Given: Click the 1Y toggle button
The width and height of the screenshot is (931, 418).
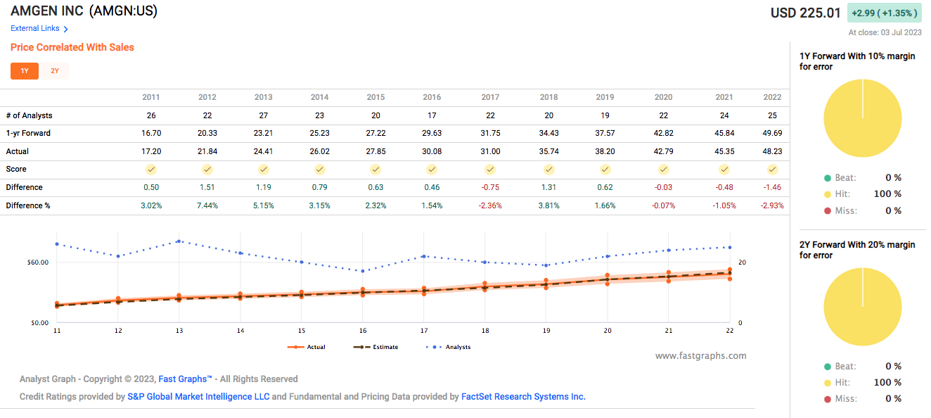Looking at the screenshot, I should pos(25,71).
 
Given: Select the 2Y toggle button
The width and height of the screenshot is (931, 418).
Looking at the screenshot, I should pos(55,71).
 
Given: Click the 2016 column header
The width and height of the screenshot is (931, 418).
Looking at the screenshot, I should pos(432,97).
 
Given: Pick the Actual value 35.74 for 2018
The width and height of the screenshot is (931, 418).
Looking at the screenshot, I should pos(548,151).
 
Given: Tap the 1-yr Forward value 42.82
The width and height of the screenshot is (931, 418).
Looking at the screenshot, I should pos(663,133).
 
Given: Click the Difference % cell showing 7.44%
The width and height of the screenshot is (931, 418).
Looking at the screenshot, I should pos(207,205).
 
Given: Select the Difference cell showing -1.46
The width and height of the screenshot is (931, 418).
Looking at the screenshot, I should pos(772,187).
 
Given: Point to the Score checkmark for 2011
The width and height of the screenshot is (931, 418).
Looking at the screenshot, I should pos(150,170).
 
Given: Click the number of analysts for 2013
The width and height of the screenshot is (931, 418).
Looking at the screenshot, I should pos(263,115).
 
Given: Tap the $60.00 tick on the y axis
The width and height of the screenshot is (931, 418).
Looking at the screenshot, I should pos(37,262).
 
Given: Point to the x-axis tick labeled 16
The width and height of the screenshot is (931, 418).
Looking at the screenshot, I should pos(362,331).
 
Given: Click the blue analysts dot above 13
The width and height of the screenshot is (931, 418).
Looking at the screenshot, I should pos(179,241).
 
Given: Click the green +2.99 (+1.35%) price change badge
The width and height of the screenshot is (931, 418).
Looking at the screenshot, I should pos(884,13).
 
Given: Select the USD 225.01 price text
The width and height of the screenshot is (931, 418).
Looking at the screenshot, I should pos(805,13).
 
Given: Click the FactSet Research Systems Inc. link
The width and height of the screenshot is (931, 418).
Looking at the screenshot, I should pos(523,397).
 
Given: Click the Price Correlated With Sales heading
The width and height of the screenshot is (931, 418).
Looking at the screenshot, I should pos(72,47).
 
